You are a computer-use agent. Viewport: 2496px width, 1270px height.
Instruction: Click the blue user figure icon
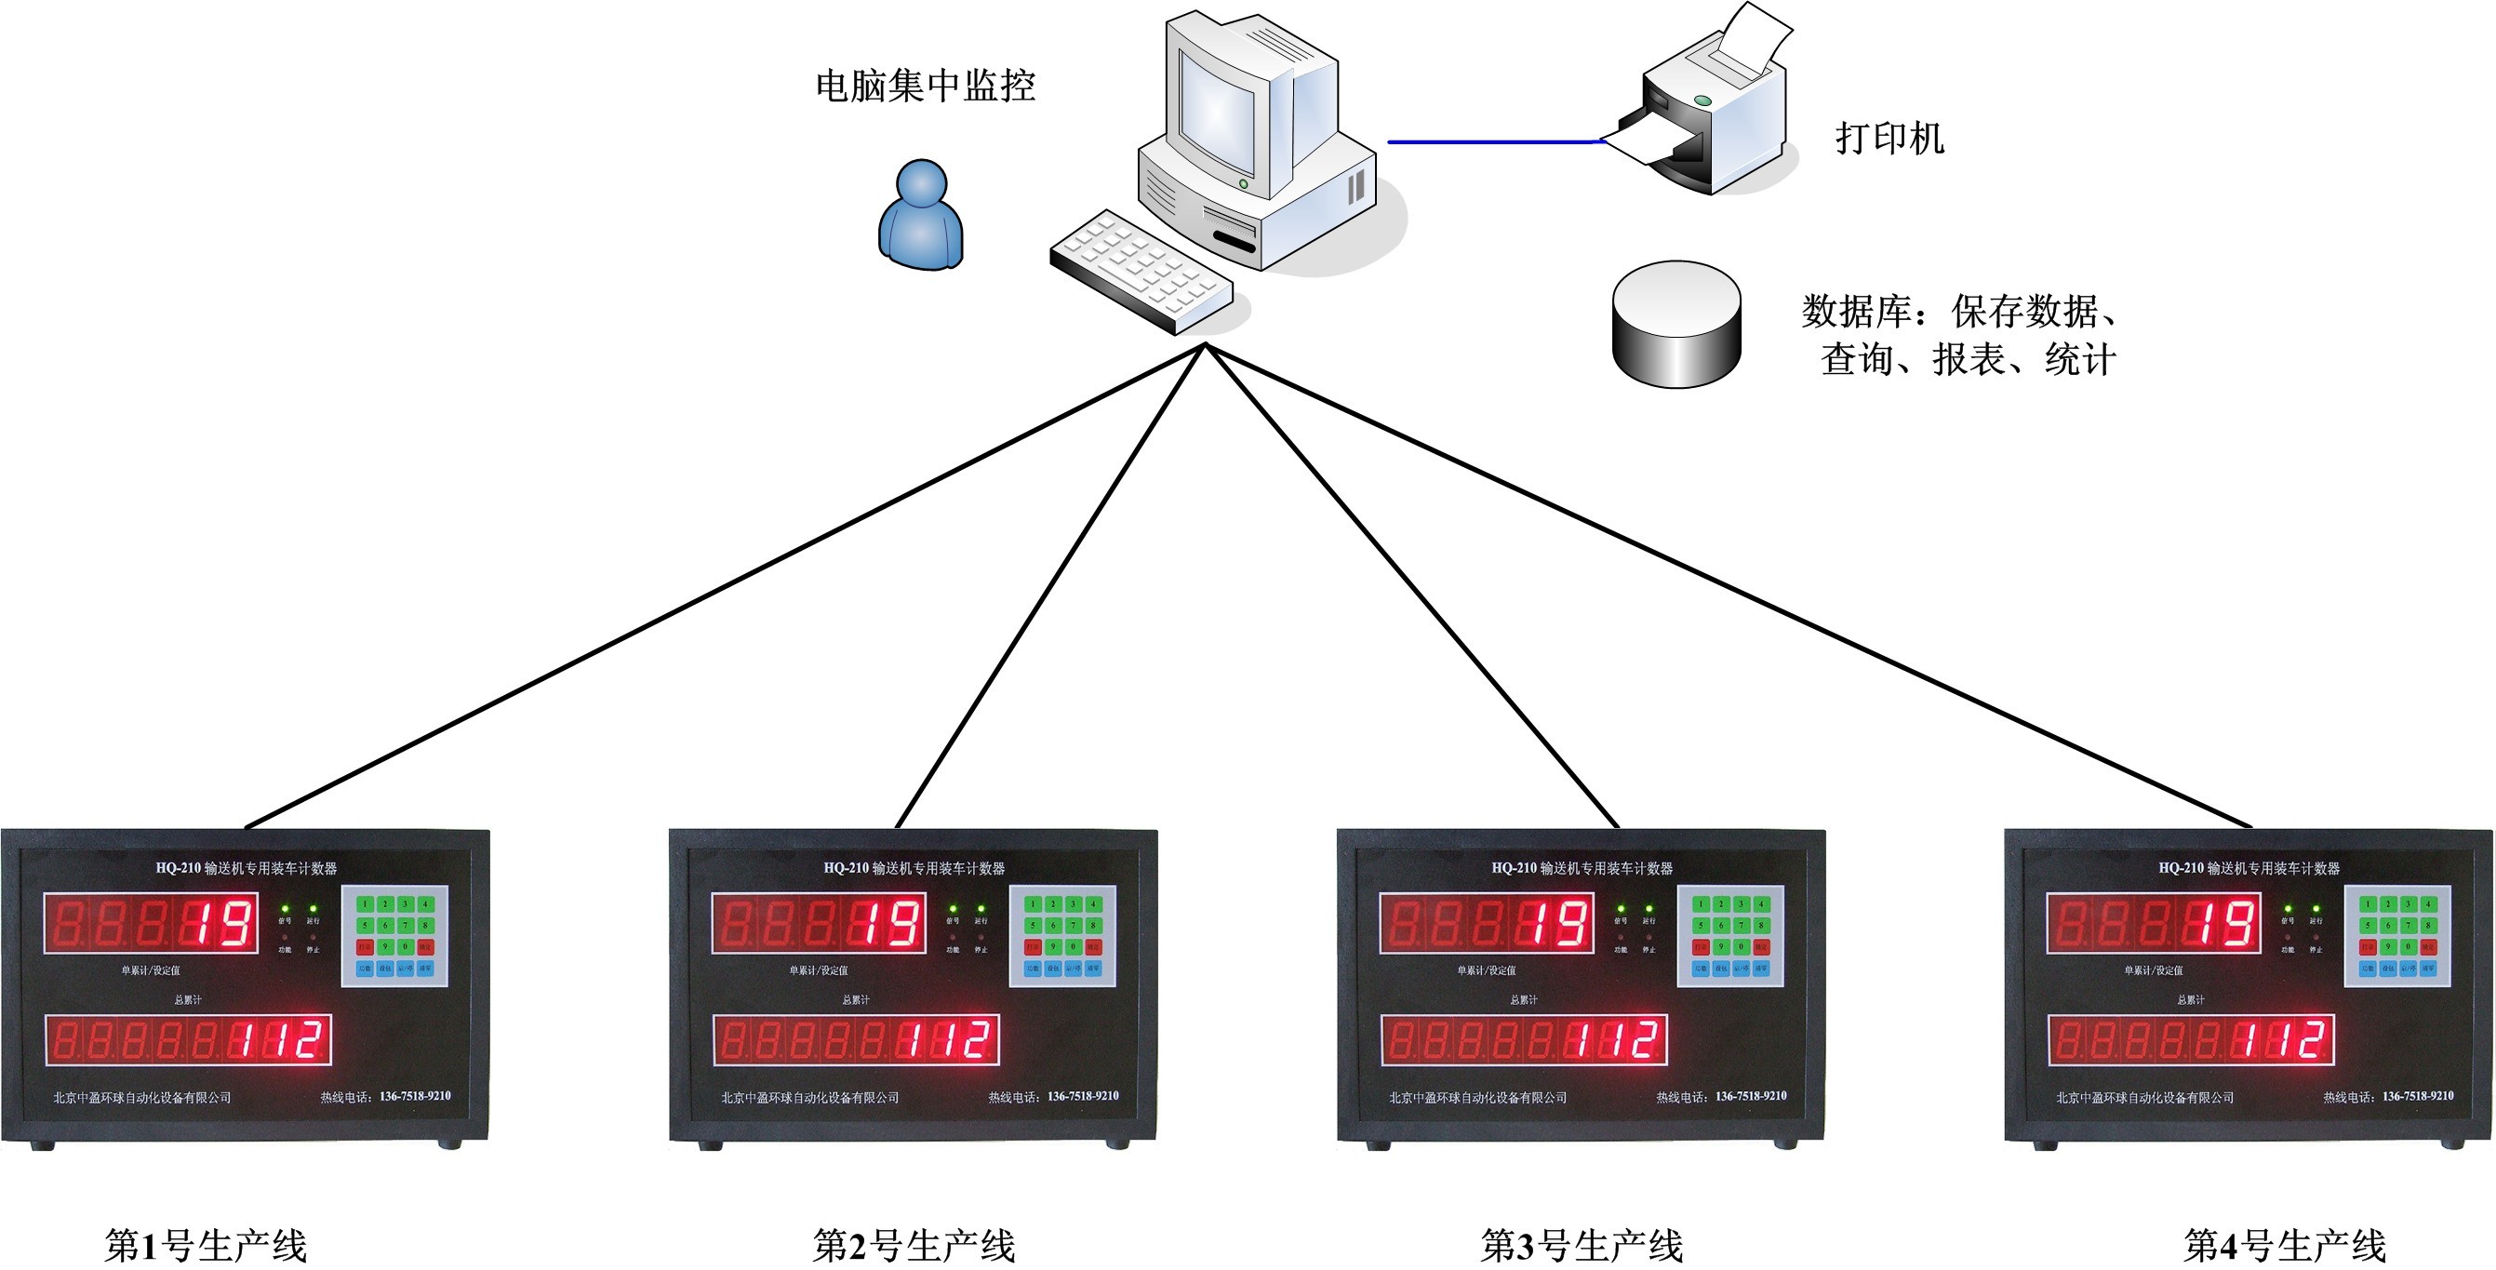pos(920,215)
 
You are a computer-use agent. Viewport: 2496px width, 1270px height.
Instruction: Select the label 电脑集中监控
pos(926,87)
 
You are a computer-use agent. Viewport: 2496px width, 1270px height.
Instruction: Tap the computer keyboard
pos(1141,272)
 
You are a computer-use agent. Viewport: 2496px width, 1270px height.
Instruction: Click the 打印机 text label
pos(1889,139)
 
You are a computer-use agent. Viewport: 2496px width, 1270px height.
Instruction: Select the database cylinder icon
pos(1676,325)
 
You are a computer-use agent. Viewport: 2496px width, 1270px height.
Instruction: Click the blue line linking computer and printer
pos(1492,142)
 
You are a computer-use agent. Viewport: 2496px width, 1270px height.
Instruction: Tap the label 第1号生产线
pos(206,1246)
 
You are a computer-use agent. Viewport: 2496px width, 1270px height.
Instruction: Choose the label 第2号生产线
pos(914,1246)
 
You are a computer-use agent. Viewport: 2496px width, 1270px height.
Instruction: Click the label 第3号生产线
pos(1582,1246)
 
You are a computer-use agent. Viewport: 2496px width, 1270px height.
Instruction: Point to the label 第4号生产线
pos(2285,1246)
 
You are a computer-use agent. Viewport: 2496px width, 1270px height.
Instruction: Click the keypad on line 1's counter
pos(394,936)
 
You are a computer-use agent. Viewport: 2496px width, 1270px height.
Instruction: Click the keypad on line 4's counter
pos(2397,936)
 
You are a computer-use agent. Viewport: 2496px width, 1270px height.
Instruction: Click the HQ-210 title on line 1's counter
pos(247,868)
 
